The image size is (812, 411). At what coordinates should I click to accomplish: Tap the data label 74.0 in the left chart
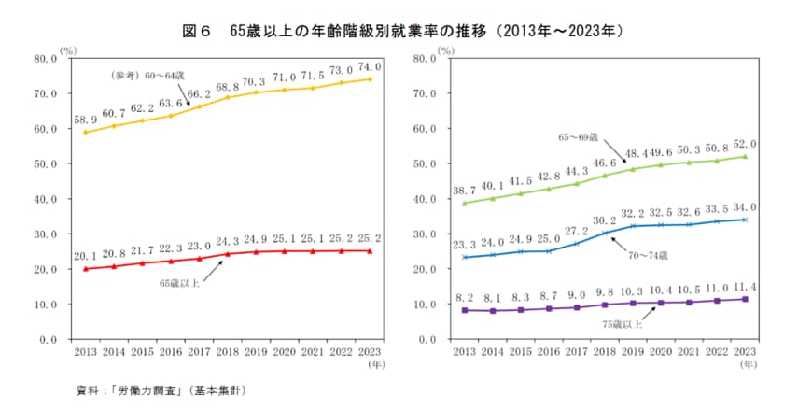click(371, 68)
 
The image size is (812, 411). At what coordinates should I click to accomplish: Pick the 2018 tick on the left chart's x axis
click(228, 353)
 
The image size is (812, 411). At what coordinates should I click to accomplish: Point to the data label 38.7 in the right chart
click(464, 189)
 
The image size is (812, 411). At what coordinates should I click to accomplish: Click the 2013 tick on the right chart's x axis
click(464, 353)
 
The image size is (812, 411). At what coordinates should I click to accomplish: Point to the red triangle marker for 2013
click(86, 269)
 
